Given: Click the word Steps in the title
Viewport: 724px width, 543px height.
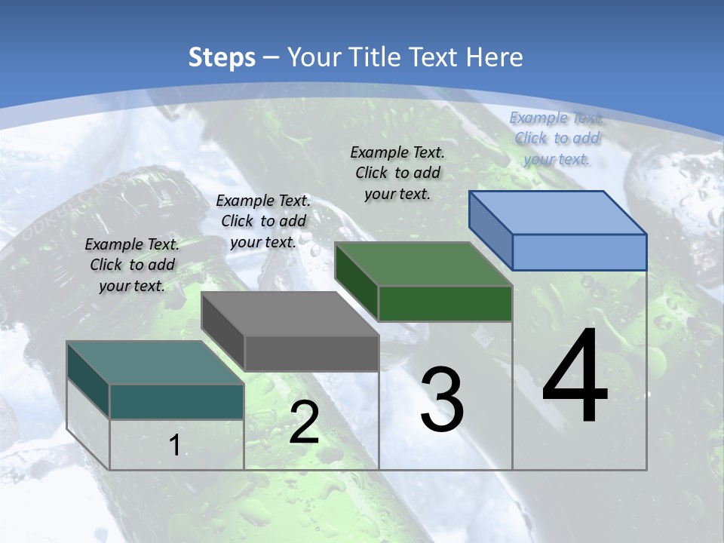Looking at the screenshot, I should click(x=222, y=57).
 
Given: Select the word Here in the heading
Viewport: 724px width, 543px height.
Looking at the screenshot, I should click(x=495, y=57).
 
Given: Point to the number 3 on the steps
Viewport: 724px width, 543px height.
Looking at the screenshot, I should click(x=442, y=400).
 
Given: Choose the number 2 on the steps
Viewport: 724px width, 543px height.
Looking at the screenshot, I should click(x=304, y=423).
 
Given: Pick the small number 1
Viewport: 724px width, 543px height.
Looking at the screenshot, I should click(x=175, y=446).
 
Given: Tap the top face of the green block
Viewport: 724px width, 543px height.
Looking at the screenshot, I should click(x=423, y=264).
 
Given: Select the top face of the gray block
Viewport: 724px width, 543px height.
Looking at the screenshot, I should click(x=290, y=314).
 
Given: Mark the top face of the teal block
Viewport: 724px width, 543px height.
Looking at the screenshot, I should click(x=155, y=363).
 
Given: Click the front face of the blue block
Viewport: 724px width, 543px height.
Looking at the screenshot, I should click(x=579, y=252).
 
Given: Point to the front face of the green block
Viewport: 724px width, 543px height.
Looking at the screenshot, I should click(x=445, y=303).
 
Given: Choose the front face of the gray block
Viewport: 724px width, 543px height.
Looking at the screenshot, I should click(x=311, y=353).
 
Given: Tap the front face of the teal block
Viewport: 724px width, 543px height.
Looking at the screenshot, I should click(x=176, y=401).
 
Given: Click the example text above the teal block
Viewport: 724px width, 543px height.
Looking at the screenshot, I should click(x=132, y=265).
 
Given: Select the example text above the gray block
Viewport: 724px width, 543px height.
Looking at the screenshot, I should click(x=263, y=221).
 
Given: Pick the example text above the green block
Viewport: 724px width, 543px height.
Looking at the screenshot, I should click(x=397, y=173).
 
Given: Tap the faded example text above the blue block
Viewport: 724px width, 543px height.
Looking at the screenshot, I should click(x=557, y=138).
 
